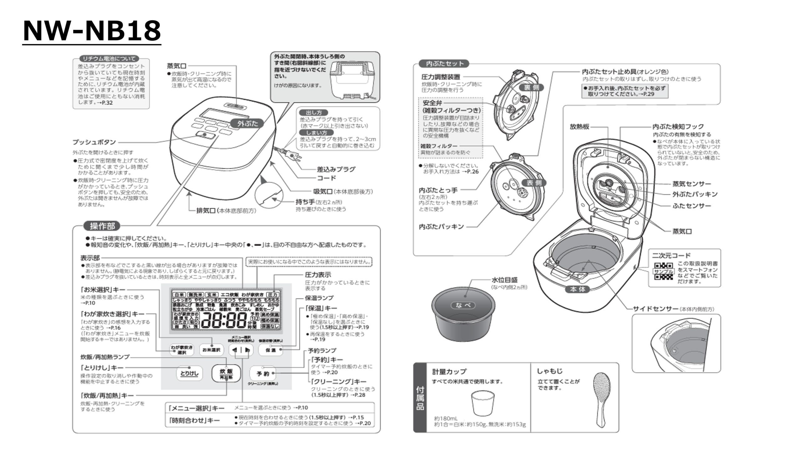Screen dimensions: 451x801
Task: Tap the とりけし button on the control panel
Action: pos(189,373)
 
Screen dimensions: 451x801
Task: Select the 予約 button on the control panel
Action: pos(263,373)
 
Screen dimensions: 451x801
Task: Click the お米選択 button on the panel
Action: pos(211,350)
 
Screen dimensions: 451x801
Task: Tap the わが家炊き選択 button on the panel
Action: pos(181,350)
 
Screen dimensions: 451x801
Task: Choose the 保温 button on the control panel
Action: pos(271,350)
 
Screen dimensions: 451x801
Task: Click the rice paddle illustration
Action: pos(602,399)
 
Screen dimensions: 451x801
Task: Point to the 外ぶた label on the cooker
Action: pos(247,123)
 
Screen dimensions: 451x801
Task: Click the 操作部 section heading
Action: pos(102,226)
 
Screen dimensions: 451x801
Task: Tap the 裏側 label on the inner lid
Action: pos(532,87)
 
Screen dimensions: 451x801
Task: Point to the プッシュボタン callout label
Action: pos(94,142)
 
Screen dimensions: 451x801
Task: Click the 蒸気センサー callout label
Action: pos(691,184)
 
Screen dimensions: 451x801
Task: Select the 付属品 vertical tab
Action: pos(420,398)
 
